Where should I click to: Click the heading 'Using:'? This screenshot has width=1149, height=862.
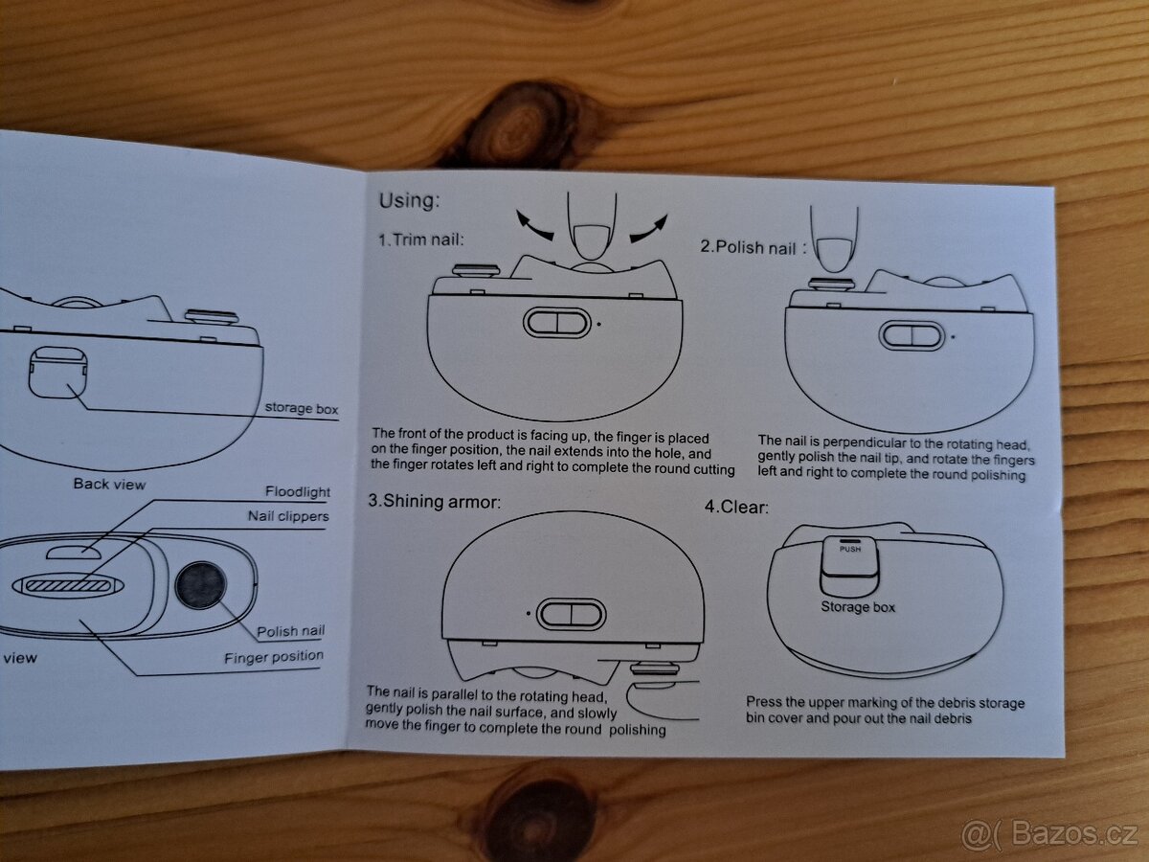410,200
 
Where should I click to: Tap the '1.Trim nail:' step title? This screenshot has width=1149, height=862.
421,239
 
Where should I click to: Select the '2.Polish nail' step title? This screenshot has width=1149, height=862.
748,247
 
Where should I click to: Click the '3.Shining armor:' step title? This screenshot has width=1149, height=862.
434,501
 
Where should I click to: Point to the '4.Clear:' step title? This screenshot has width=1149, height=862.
736,507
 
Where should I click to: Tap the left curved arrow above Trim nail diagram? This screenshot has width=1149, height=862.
534,224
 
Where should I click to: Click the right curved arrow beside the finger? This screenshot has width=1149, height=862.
648,228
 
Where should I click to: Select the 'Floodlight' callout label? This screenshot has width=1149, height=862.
298,491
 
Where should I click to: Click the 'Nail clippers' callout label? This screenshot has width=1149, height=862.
288,516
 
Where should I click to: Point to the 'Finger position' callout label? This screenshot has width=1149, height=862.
274,657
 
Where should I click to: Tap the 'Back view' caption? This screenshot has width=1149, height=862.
109,484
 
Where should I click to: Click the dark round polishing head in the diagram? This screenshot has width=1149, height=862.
200,585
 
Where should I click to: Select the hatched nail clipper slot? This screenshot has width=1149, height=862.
68,584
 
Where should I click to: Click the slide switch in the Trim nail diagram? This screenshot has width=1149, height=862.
557,323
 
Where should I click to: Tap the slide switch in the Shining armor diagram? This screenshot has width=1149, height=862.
571,614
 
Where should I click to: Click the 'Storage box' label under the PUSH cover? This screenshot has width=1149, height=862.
858,606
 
